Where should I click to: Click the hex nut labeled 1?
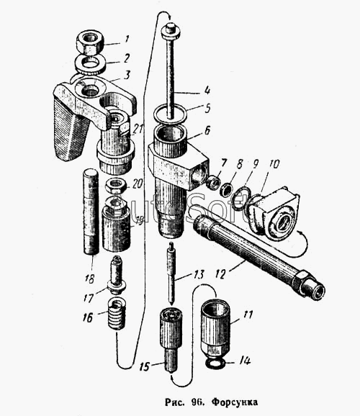point(90,43)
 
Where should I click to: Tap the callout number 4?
point(207,90)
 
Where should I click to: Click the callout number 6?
point(207,130)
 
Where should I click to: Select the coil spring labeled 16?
point(117,313)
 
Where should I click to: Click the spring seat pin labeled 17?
point(117,275)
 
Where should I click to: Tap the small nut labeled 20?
point(116,186)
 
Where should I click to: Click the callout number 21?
point(138,130)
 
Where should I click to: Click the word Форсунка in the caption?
point(235,402)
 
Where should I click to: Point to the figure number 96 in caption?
point(197,402)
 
